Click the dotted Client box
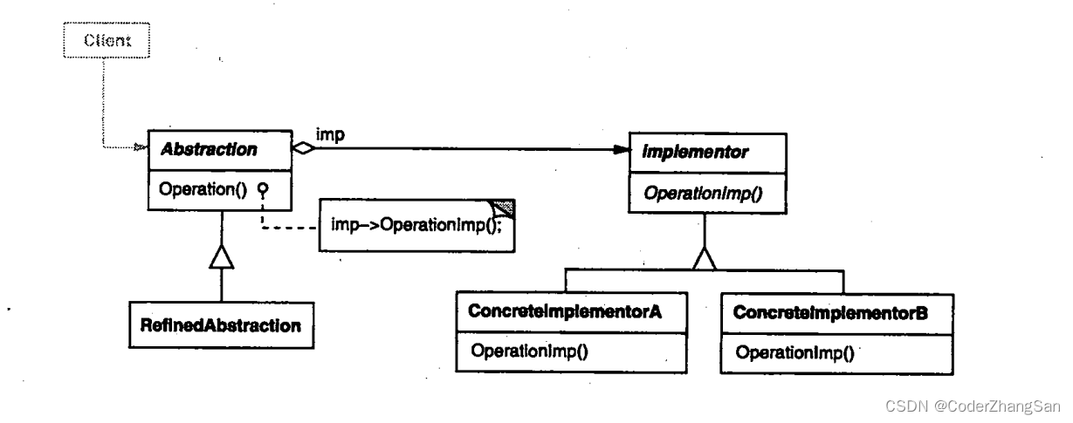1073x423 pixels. [107, 40]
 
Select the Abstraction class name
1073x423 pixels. [208, 149]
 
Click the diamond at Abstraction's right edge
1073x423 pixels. [302, 149]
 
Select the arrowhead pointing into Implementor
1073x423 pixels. [621, 150]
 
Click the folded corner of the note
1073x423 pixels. [504, 208]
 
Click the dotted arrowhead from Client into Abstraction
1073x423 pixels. [139, 149]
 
